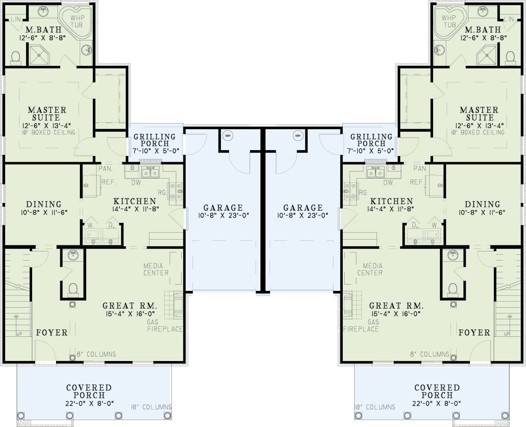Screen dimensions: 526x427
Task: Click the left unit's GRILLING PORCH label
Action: [155, 140]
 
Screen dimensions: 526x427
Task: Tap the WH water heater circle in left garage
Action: [228, 135]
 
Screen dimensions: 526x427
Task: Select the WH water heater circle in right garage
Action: [298, 135]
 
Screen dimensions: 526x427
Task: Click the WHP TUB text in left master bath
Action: [77, 21]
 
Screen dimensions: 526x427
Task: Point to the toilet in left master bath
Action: [16, 58]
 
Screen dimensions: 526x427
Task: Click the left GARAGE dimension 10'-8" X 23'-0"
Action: [223, 215]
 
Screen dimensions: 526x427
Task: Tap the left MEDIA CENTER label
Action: [156, 269]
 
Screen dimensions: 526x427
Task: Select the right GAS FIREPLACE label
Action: [361, 325]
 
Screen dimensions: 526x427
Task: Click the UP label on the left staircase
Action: [19, 334]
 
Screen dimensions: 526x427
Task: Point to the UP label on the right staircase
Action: [507, 334]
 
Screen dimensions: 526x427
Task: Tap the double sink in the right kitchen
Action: [375, 172]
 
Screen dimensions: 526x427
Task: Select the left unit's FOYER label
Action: [52, 332]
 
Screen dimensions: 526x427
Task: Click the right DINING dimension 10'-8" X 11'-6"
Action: [482, 212]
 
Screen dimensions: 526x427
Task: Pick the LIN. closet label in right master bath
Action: [509, 19]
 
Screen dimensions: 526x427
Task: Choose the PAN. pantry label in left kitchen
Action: [106, 169]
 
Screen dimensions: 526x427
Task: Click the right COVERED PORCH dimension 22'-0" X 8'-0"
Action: [437, 403]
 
